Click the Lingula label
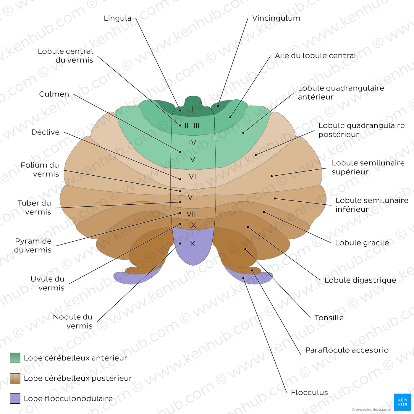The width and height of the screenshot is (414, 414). [117, 18]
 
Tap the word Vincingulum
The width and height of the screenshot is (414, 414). [276, 18]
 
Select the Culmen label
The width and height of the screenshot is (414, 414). [54, 94]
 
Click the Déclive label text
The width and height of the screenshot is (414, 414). [45, 132]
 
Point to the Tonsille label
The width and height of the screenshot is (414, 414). [329, 318]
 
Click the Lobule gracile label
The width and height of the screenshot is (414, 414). [362, 243]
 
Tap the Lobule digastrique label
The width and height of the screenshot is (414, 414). [360, 280]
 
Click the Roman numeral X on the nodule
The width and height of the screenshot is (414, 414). [193, 243]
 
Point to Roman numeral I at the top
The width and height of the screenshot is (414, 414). [193, 109]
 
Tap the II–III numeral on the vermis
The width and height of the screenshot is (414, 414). [192, 126]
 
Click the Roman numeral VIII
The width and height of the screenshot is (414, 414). [192, 214]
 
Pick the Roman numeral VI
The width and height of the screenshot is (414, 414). [192, 176]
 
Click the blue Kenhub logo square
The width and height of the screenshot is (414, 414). [402, 402]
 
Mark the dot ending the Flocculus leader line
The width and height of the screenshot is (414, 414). [243, 278]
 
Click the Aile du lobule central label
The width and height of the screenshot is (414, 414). [316, 56]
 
